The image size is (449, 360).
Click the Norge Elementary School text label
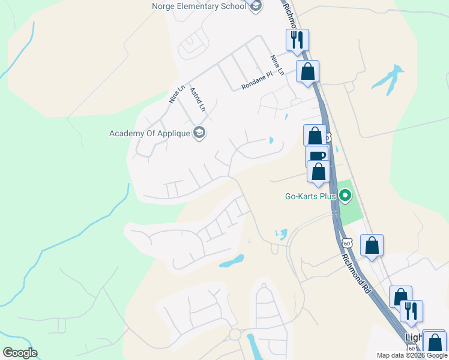[x=199, y=6]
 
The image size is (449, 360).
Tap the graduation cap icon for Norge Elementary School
[x=256, y=6]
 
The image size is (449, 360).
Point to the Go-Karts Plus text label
[x=310, y=196]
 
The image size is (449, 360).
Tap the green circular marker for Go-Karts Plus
[x=345, y=196]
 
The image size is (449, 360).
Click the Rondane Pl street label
[x=257, y=81]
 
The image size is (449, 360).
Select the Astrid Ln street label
[x=197, y=100]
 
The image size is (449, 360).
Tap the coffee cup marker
[x=317, y=156]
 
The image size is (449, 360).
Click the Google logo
[x=20, y=353]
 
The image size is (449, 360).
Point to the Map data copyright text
[x=412, y=355]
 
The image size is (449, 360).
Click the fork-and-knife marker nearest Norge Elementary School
[x=297, y=40]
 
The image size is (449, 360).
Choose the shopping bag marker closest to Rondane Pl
[x=307, y=71]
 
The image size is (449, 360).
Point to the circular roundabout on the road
[x=235, y=334]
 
